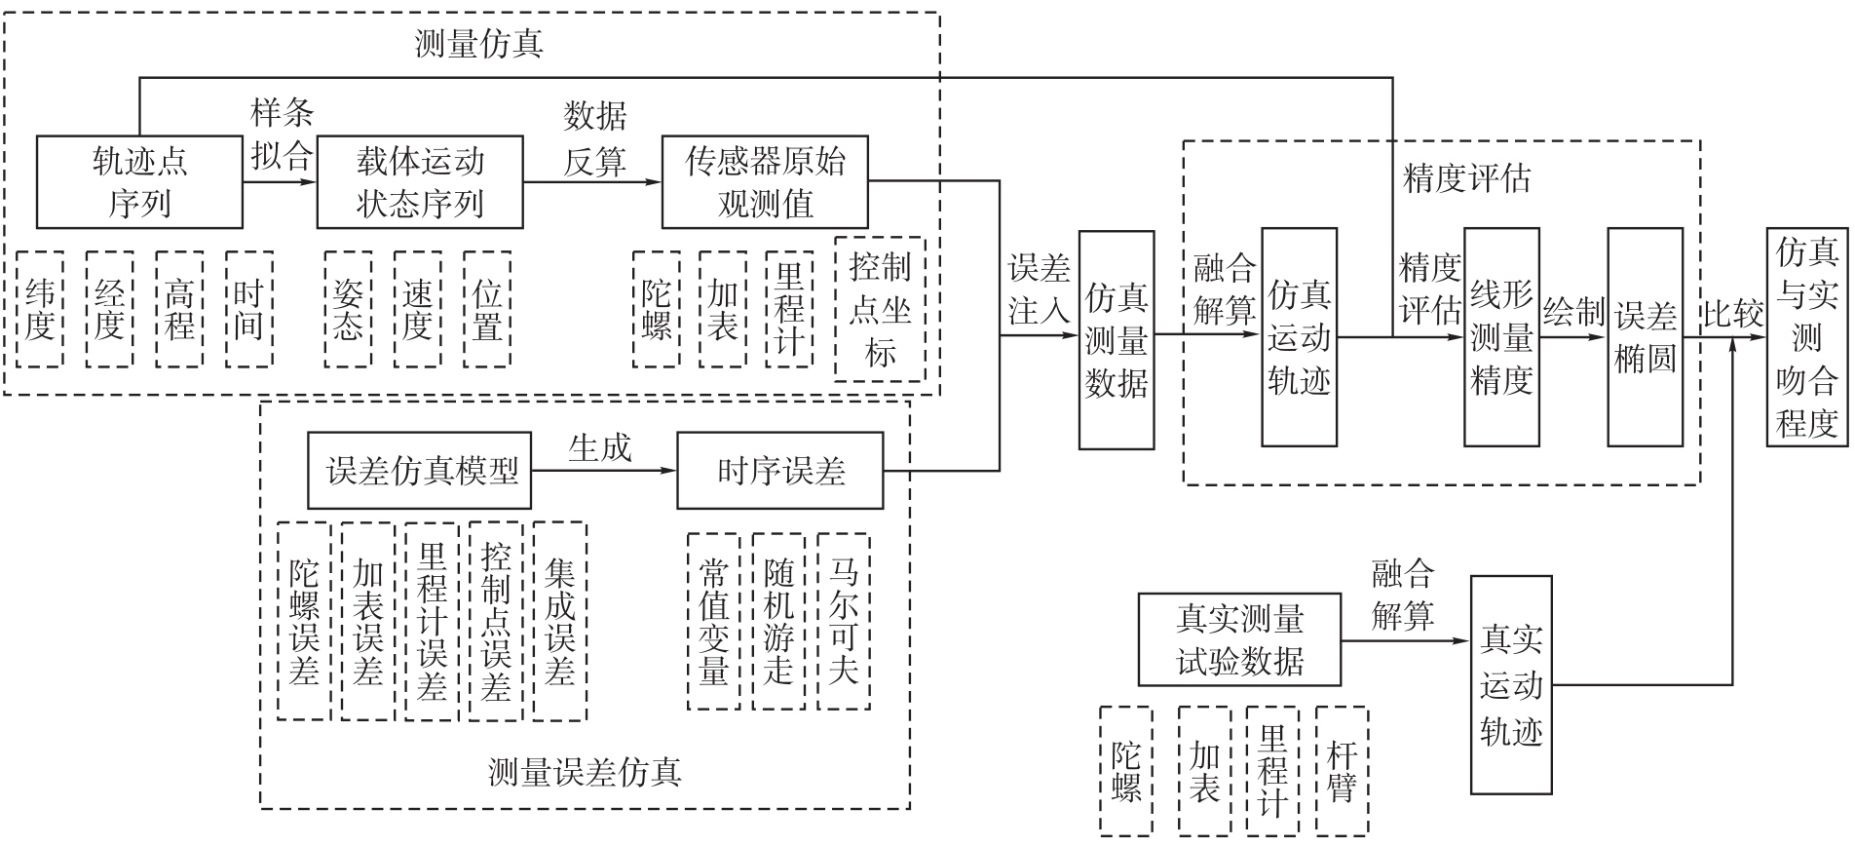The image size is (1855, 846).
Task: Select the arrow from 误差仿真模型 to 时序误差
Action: (x=604, y=471)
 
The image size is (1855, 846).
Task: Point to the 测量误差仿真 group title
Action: (x=585, y=772)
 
